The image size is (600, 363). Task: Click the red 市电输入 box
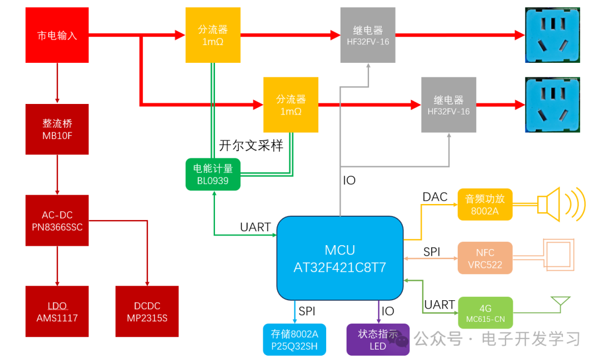pyautogui.click(x=57, y=35)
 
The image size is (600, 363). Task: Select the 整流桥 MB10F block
pyautogui.click(x=57, y=129)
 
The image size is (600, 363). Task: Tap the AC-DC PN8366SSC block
pyautogui.click(x=57, y=221)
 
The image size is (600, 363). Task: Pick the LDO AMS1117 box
pyautogui.click(x=57, y=311)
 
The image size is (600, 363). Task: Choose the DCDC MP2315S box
pyautogui.click(x=147, y=311)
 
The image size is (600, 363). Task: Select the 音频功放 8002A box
pyautogui.click(x=484, y=204)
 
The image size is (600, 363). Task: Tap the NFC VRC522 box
pyautogui.click(x=484, y=258)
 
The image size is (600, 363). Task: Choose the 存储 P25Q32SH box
pyautogui.click(x=294, y=340)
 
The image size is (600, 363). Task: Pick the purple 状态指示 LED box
pyautogui.click(x=378, y=340)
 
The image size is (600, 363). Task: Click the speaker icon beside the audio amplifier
pyautogui.click(x=558, y=205)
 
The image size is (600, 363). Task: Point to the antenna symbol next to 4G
pyautogui.click(x=560, y=304)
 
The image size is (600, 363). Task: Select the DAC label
pyautogui.click(x=435, y=197)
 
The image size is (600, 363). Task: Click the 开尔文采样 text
pyautogui.click(x=251, y=146)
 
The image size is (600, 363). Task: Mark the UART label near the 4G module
pyautogui.click(x=439, y=304)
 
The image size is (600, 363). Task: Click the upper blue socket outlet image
pyautogui.click(x=552, y=34)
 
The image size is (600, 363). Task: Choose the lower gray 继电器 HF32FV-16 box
pyautogui.click(x=448, y=105)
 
